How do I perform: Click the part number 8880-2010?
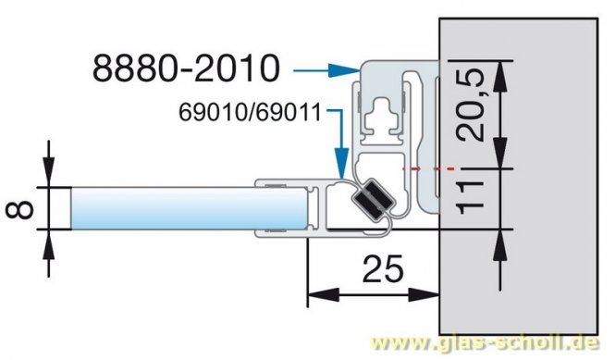(186, 68)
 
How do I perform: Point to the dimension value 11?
(473, 199)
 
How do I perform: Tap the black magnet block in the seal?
(371, 198)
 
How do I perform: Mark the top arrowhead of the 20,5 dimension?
(500, 68)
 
